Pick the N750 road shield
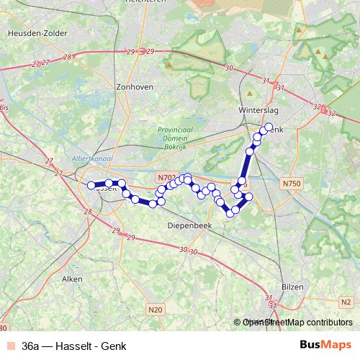tap(292, 184)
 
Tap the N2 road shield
tap(347, 302)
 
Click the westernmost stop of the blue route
tap(91, 186)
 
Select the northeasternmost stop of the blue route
tap(269, 127)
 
